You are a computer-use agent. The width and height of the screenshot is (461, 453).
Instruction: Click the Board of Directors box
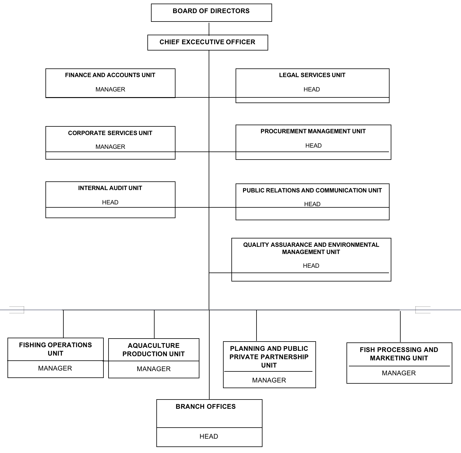(211, 13)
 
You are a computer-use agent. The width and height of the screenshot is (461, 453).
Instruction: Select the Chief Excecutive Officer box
(208, 42)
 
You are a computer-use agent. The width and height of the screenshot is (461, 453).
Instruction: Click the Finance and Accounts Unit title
(110, 75)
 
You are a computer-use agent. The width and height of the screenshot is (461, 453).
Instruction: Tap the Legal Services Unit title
(312, 75)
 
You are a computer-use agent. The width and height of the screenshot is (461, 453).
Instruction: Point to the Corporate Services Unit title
(110, 133)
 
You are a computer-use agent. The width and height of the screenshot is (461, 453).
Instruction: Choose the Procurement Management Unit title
(313, 131)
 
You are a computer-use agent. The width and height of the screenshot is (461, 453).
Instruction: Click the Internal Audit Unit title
(110, 188)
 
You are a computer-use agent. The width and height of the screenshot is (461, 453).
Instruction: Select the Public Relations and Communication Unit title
(312, 190)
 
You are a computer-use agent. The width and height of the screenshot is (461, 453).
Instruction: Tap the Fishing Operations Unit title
(56, 349)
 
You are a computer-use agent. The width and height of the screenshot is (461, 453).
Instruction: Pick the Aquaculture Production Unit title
(154, 350)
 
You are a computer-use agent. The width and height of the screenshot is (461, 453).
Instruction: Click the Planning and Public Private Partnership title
(269, 357)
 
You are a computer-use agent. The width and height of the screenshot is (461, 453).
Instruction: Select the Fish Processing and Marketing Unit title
(399, 354)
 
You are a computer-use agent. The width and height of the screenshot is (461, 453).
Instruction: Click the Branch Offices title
(206, 406)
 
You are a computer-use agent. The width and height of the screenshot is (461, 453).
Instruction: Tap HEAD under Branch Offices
(209, 436)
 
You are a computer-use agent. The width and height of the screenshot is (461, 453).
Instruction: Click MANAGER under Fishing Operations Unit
(55, 368)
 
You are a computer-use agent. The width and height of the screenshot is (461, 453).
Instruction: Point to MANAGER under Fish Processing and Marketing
(399, 373)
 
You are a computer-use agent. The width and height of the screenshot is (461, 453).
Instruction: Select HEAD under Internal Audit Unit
(110, 202)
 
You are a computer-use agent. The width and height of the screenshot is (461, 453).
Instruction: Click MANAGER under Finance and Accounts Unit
(110, 89)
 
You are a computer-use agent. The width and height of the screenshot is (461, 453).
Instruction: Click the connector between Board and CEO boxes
(209, 28)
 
